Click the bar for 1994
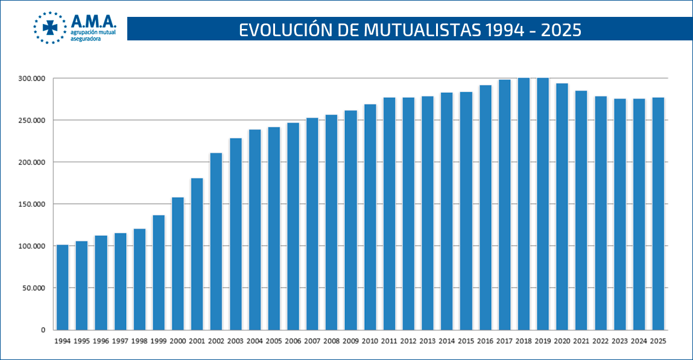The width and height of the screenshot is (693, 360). pyautogui.click(x=62, y=288)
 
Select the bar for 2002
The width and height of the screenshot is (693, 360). pyautogui.click(x=216, y=241)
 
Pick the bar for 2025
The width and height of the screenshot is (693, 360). pyautogui.click(x=658, y=213)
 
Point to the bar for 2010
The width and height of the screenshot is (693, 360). pyautogui.click(x=370, y=217)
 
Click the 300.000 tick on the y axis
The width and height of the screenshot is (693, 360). pyautogui.click(x=32, y=78)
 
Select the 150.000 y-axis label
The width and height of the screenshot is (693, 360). pyautogui.click(x=32, y=204)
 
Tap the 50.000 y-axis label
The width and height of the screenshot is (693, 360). pyautogui.click(x=34, y=288)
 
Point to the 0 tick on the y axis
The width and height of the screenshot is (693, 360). pyautogui.click(x=43, y=330)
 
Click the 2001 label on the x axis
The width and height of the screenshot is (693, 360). pyautogui.click(x=197, y=341)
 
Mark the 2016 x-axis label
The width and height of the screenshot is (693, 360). pyautogui.click(x=486, y=341)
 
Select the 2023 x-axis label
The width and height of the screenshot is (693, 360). pyautogui.click(x=620, y=341)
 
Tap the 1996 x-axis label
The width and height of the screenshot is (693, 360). pyautogui.click(x=101, y=341)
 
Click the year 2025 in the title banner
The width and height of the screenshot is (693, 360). pyautogui.click(x=560, y=30)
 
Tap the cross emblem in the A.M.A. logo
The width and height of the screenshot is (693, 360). pyautogui.click(x=50, y=27)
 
